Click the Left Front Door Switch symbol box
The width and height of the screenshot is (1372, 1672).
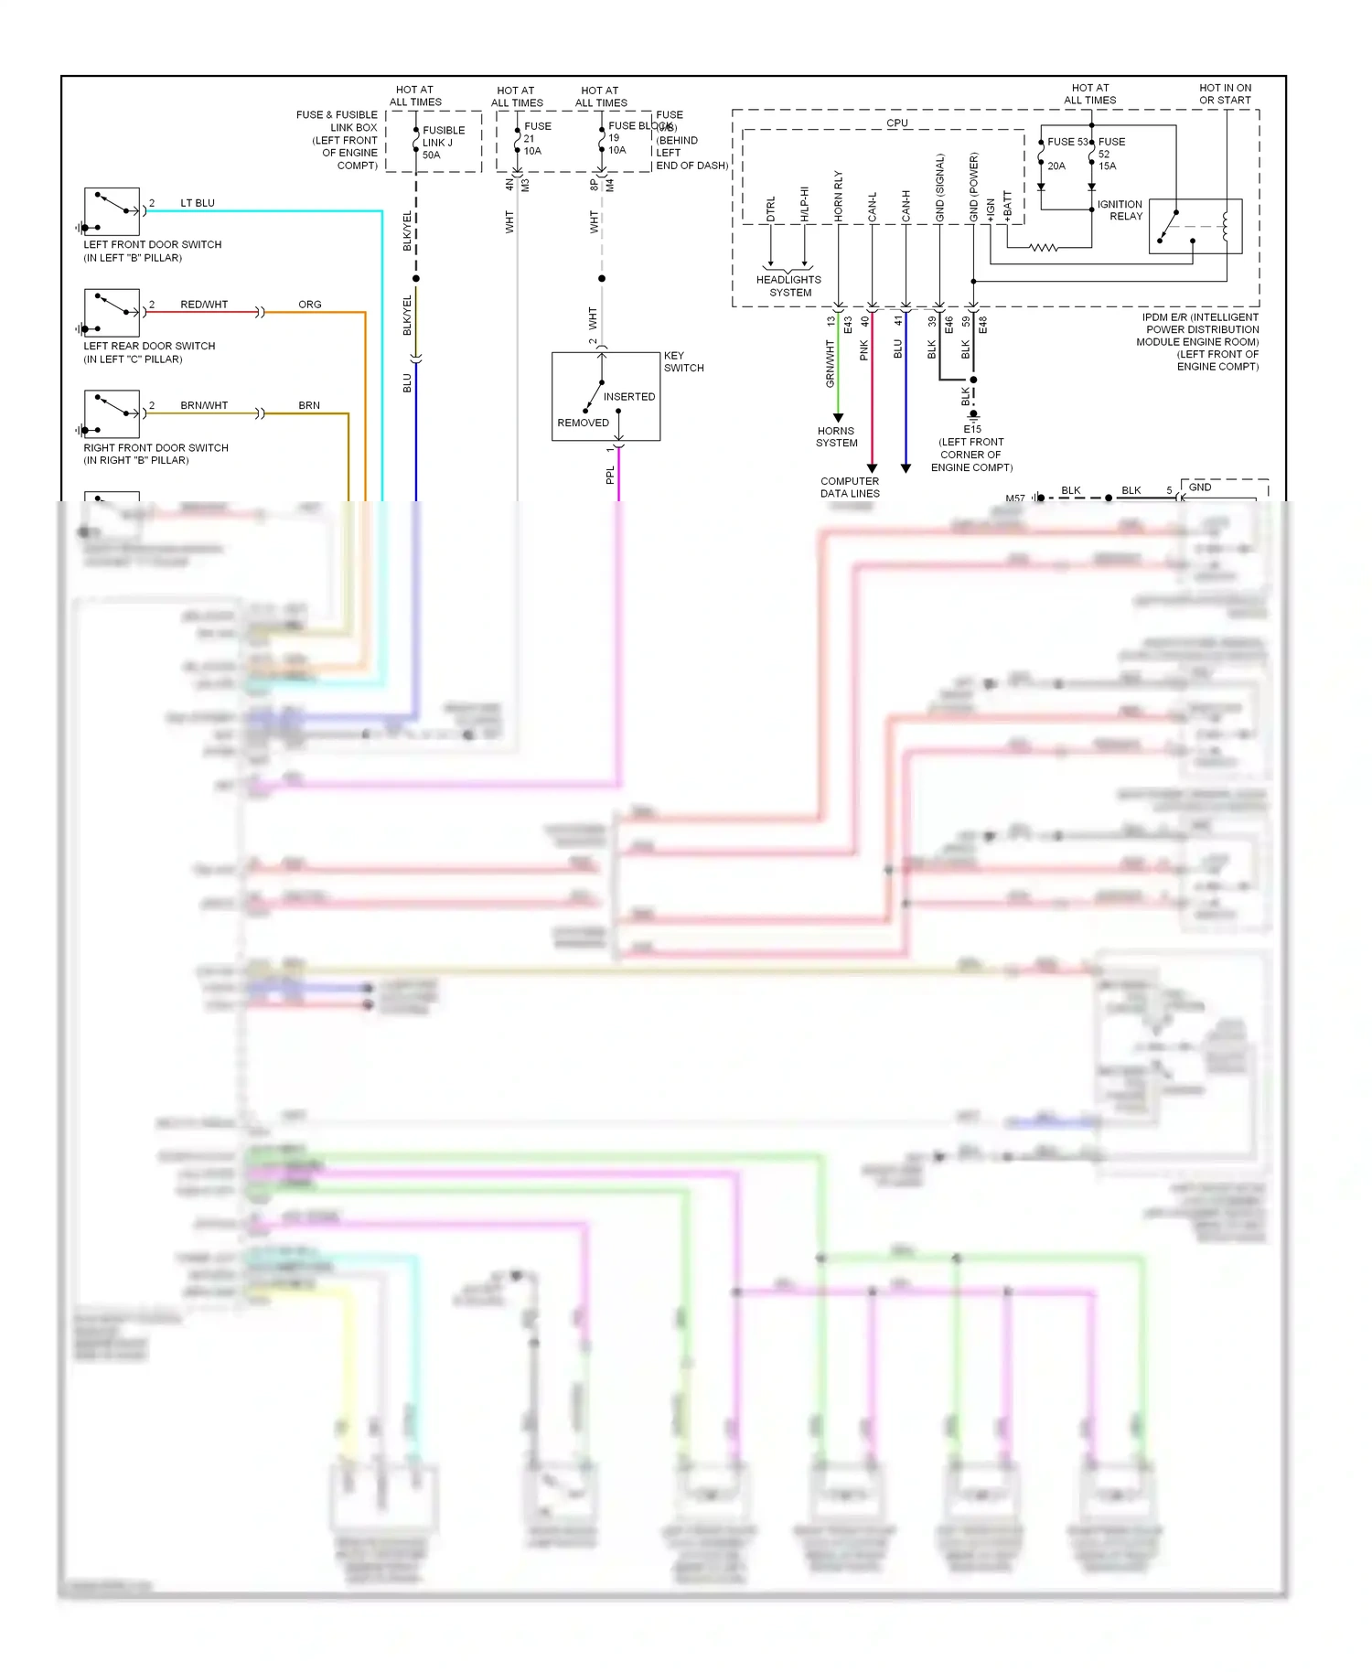112,212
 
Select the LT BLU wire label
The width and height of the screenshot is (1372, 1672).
198,203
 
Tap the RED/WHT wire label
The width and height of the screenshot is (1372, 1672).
204,305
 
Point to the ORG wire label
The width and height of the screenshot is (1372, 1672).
310,305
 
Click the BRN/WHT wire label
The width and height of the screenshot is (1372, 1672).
204,405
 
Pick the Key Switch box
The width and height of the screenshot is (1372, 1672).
606,396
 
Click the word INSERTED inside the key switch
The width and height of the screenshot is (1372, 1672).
629,397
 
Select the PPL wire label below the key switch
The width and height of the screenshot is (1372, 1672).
610,475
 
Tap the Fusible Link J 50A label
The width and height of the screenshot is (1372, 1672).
444,143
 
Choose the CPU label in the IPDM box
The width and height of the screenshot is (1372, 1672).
897,123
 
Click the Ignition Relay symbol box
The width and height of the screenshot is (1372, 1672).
1195,226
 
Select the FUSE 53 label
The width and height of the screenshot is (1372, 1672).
1067,142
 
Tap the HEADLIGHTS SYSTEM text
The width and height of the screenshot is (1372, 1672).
788,286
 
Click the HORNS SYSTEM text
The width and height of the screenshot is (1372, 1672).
837,437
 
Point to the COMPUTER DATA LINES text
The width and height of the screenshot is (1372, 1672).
850,488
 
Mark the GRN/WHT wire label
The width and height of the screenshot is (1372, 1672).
831,363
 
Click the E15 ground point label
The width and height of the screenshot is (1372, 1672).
972,429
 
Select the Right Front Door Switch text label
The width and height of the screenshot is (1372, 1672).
155,448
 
